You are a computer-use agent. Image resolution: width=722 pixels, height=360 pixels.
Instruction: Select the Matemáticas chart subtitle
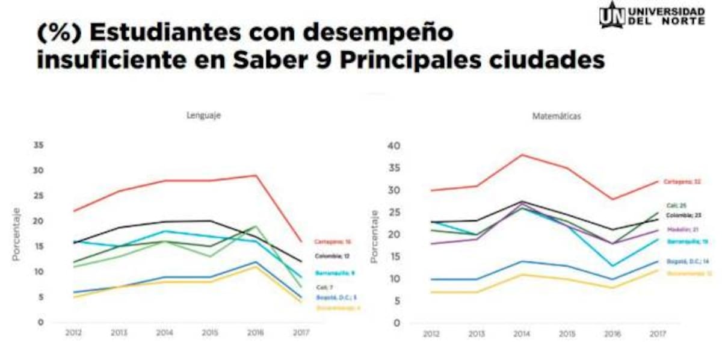click(557, 117)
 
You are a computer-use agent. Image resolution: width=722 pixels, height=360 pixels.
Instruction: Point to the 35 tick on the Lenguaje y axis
click(39, 145)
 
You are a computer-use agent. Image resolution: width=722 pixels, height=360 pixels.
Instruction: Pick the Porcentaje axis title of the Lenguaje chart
click(16, 234)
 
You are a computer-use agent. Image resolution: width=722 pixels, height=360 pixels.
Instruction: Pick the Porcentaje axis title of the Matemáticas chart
click(374, 235)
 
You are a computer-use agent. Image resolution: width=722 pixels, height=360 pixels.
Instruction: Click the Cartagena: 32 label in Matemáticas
click(683, 181)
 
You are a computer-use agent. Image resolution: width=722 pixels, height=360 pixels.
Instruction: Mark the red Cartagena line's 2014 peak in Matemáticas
click(521, 155)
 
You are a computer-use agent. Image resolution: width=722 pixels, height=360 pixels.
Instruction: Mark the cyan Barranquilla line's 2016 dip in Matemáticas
click(612, 265)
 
